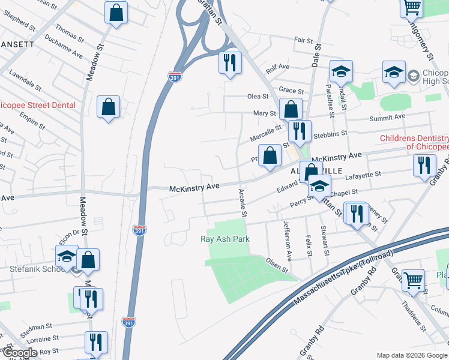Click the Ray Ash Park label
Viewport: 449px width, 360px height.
coord(224,239)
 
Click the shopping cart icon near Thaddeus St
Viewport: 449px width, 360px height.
coord(413,279)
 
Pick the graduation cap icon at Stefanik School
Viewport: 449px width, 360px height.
coord(67,257)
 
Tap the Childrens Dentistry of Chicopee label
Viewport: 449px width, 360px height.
coord(414,142)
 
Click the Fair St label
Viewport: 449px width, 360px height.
coord(303,41)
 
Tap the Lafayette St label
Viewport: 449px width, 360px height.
coord(366,175)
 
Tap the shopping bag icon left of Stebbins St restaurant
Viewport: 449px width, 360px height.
coord(270,155)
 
